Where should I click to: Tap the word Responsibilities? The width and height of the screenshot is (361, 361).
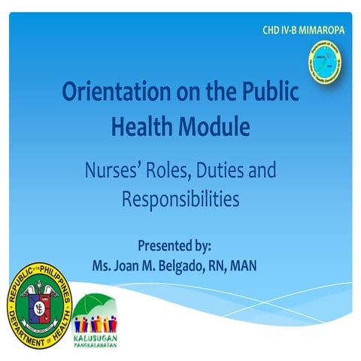[x=180, y=199]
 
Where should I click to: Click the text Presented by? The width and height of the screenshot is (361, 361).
[x=180, y=245]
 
